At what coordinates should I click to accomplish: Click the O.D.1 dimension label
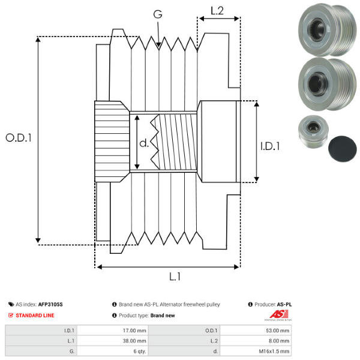pyautogui.click(x=18, y=137)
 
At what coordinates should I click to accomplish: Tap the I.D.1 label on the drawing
pyautogui.click(x=270, y=145)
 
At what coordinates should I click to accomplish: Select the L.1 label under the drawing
pyautogui.click(x=175, y=277)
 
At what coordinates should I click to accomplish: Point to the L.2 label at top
pyautogui.click(x=217, y=10)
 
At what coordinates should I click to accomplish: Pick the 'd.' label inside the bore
pyautogui.click(x=143, y=143)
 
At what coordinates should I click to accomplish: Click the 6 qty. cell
pyautogui.click(x=139, y=351)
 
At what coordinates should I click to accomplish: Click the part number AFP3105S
pyautogui.click(x=50, y=304)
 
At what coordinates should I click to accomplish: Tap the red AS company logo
pyautogui.click(x=276, y=314)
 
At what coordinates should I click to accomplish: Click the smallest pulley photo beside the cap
pyautogui.click(x=312, y=133)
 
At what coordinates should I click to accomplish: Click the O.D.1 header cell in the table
pyautogui.click(x=211, y=331)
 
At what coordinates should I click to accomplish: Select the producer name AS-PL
pyautogui.click(x=284, y=304)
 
